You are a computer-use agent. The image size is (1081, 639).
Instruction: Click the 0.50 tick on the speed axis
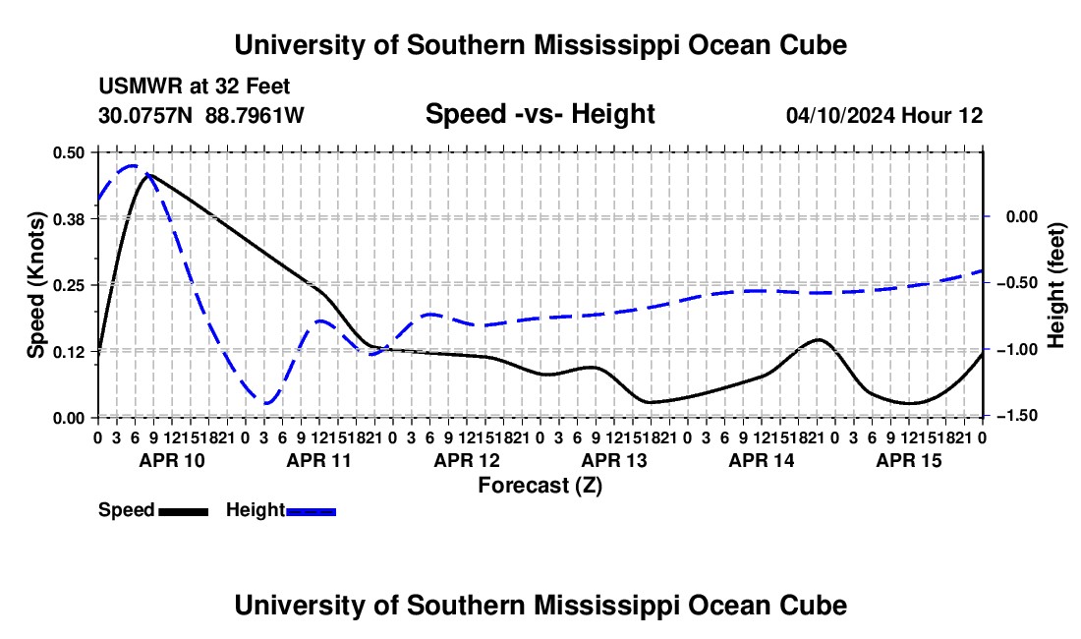pos(68,152)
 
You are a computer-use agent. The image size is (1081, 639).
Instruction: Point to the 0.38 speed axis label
pos(68,219)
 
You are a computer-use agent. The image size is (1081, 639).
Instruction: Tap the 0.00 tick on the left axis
pos(68,418)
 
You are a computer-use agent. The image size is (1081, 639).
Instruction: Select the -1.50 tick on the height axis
pos(1019,415)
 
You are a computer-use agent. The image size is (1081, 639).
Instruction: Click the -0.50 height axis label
pos(1019,282)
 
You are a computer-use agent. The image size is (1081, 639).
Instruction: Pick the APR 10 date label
pos(172,460)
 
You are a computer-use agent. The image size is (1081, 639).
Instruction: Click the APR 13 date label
pos(614,460)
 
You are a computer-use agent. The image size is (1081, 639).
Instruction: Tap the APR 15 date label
pos(909,460)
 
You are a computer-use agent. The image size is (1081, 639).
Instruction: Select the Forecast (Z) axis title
pos(540,486)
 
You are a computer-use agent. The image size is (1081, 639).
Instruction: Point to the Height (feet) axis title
pos(1056,285)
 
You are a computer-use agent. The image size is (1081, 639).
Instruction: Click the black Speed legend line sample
pos(184,511)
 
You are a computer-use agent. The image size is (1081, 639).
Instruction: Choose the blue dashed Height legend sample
pos(311,511)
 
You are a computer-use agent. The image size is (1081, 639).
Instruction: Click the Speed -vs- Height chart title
pos(540,114)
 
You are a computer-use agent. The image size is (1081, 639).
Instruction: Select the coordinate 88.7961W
pos(255,115)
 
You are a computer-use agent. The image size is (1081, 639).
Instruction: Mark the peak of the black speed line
pos(147,174)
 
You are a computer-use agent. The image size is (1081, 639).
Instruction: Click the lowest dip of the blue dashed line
pos(267,403)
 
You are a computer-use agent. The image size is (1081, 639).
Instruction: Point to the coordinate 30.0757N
pos(145,115)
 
